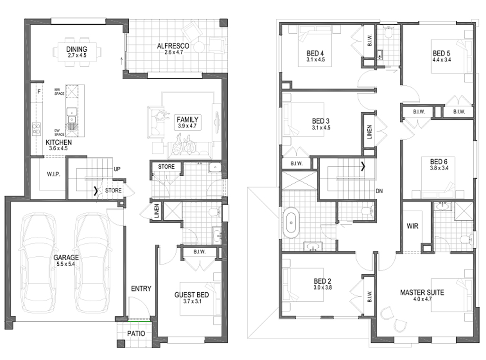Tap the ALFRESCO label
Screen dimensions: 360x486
point(173,46)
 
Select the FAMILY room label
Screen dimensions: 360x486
point(187,119)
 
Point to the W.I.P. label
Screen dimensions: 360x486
point(53,174)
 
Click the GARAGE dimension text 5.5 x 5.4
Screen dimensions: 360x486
point(66,264)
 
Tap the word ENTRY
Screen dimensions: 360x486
point(141,288)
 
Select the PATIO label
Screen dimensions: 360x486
point(136,333)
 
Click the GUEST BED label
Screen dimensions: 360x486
point(192,294)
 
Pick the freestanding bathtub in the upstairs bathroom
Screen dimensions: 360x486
point(291,223)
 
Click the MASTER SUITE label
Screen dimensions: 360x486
point(422,292)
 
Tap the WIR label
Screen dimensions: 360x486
point(413,226)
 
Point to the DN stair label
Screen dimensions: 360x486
point(379,192)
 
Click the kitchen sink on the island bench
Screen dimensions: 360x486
point(72,112)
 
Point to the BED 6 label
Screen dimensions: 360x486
point(439,162)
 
